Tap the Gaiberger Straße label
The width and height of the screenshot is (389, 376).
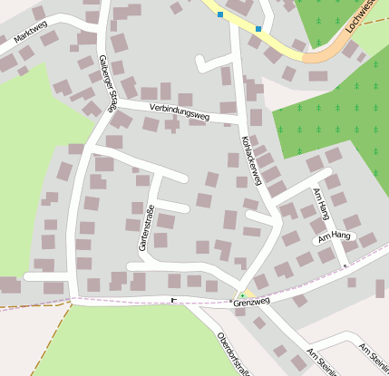pos(107,82)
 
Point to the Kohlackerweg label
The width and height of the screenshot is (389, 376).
pos(251,160)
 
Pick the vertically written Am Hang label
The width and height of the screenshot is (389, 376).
pos(320,204)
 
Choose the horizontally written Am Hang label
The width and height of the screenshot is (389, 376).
pos(331,236)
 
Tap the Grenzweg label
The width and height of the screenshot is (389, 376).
pos(251,302)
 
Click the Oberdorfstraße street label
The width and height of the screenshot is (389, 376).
pos(233,354)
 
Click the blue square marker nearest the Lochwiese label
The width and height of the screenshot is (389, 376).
pos(258,29)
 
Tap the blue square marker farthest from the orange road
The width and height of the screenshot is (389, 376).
pos(219,14)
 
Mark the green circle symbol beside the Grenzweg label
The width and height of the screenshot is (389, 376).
pos(242,294)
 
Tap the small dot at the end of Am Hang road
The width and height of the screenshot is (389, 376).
pos(345,265)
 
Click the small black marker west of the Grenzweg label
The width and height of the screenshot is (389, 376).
pos(173,299)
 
